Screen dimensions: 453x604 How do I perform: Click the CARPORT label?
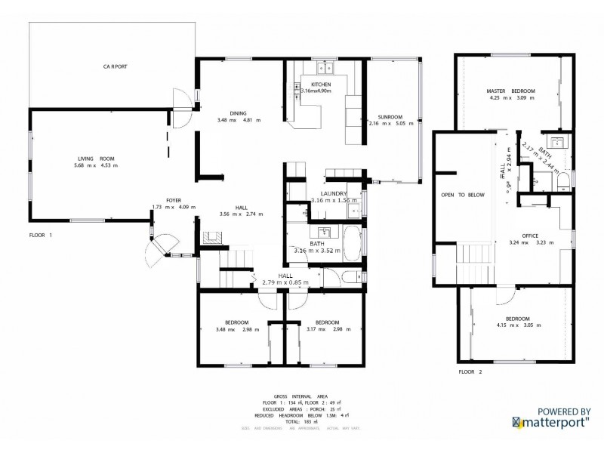(x=116, y=66)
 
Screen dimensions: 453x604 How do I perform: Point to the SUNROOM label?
(x=390, y=117)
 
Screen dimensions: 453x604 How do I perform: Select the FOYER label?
(x=163, y=200)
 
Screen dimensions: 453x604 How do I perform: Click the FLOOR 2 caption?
(x=470, y=371)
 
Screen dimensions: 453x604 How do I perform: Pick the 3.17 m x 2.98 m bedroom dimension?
(x=328, y=329)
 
